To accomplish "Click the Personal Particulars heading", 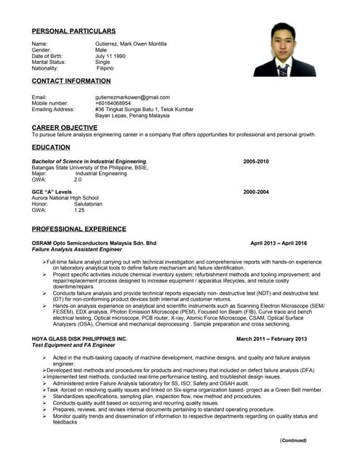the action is tap(73, 31).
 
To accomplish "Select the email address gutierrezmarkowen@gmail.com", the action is tap(132, 97).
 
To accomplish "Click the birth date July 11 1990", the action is tap(111, 56).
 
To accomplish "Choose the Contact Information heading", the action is tap(71, 81).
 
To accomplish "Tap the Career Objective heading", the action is tap(65, 127).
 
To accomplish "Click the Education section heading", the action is tap(51, 147).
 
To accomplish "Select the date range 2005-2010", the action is tap(256, 161).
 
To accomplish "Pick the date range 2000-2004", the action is tap(256, 192).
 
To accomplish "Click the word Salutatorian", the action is tap(88, 204).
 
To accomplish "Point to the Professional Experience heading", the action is tap(79, 229).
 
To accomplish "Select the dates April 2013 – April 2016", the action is tap(279, 243).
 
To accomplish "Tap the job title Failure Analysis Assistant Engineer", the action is tap(79, 249).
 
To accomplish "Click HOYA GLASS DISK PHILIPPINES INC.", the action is tap(79, 339).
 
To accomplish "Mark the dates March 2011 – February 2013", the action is tap(271, 339).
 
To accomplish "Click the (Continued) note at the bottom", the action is tap(294, 440).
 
